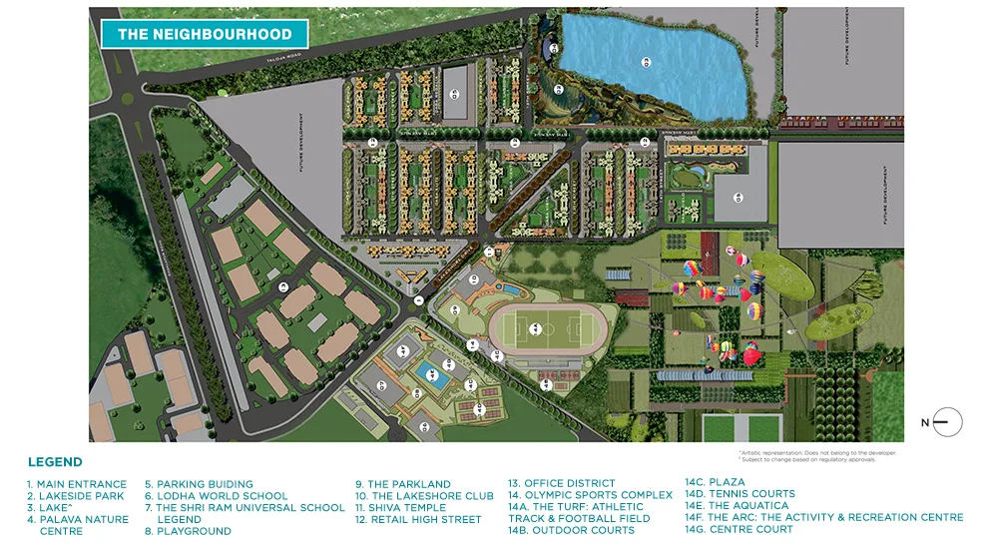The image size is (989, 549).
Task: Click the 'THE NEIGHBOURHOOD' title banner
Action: (x=205, y=34)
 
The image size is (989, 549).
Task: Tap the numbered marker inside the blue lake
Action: (x=647, y=62)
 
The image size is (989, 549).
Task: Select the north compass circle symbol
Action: (x=947, y=422)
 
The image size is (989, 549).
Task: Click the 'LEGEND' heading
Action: (x=55, y=462)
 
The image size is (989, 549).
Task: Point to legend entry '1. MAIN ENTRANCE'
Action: (x=77, y=484)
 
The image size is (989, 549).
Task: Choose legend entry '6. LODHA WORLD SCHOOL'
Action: (x=216, y=496)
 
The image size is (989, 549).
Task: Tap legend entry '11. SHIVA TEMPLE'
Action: (x=400, y=508)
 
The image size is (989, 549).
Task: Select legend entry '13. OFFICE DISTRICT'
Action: (x=562, y=484)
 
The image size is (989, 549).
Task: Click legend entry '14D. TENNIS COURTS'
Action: (x=740, y=494)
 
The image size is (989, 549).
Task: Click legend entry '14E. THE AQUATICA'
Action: (x=737, y=506)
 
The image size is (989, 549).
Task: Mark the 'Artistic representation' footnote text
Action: (x=817, y=452)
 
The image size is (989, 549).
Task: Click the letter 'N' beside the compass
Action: (x=925, y=423)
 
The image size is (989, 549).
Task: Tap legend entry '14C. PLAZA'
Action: (x=715, y=483)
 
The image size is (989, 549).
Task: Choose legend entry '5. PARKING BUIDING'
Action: (x=199, y=484)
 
